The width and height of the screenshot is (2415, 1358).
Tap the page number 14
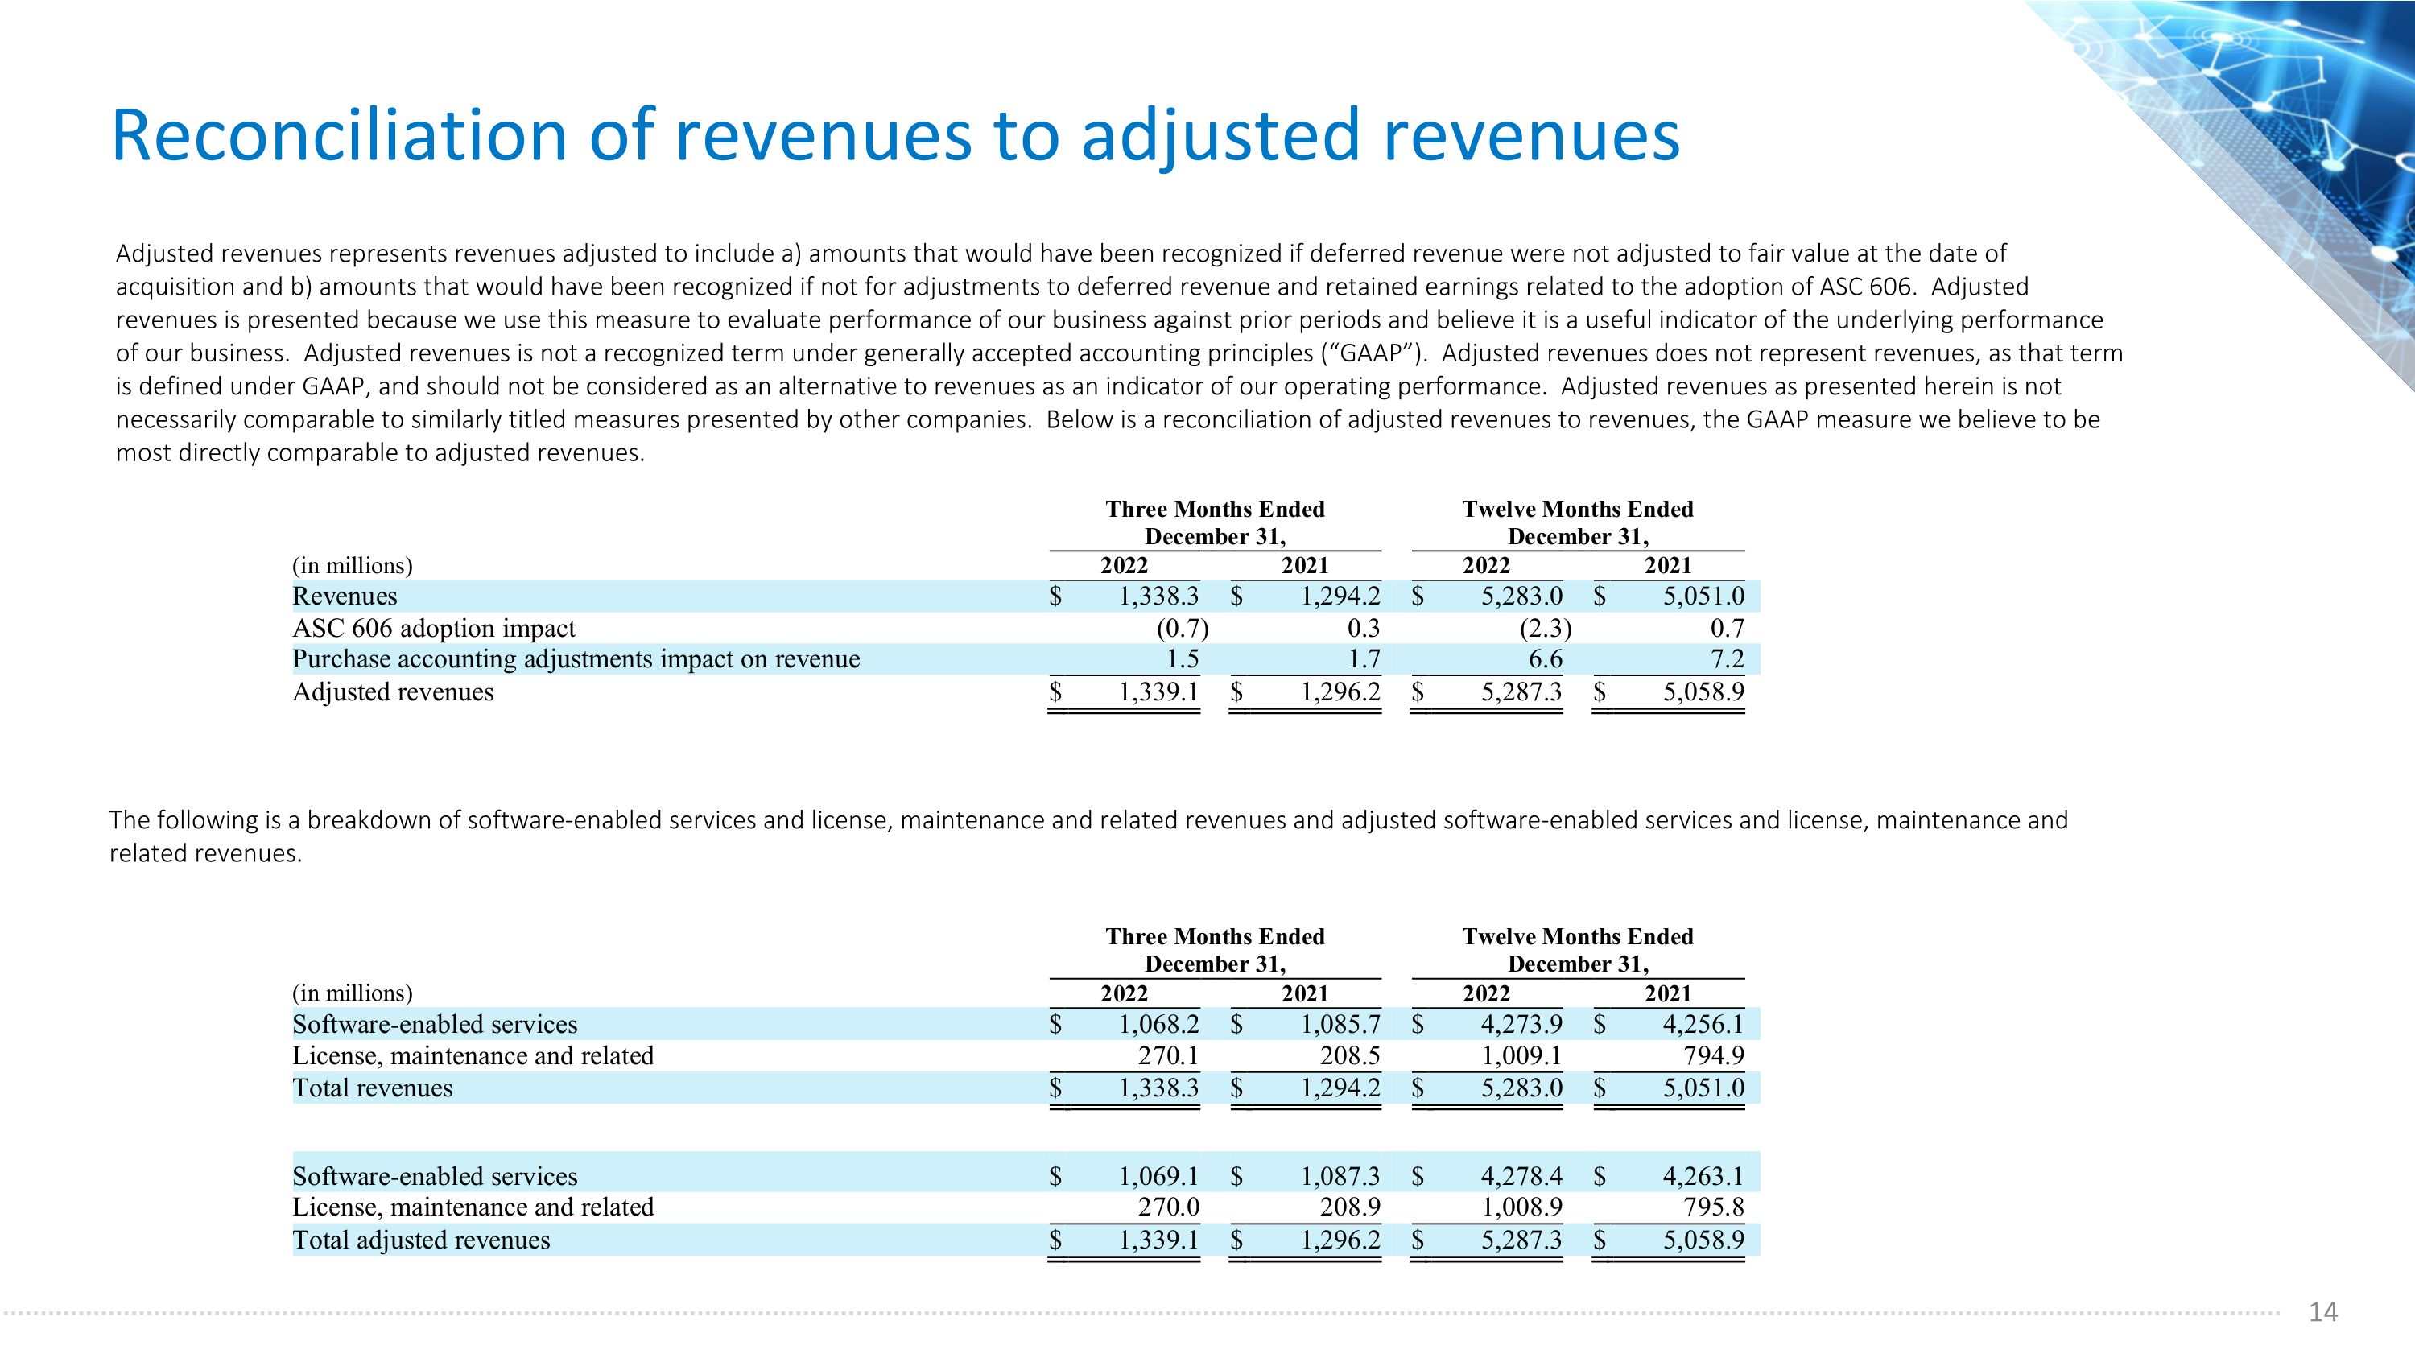[2322, 1312]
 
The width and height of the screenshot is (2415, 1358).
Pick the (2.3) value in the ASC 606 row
[1544, 628]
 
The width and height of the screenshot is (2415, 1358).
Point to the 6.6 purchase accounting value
[1545, 658]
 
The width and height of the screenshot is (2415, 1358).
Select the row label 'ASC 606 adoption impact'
[433, 628]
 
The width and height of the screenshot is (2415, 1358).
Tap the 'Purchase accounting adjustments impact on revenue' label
[576, 658]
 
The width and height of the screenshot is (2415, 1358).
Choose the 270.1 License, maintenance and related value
[1168, 1056]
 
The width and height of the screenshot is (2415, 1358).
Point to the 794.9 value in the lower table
[1713, 1056]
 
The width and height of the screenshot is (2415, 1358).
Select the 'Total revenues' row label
[372, 1088]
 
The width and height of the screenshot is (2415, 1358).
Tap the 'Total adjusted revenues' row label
[421, 1240]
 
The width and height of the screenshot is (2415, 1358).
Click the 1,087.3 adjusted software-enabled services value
[1340, 1176]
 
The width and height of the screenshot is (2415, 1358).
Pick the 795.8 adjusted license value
[1713, 1207]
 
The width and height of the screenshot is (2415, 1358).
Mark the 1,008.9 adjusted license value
[1521, 1207]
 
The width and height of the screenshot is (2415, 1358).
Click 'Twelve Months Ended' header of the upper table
[1578, 509]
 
